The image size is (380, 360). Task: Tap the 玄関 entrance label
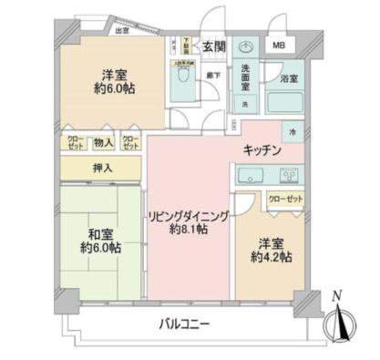tap(213, 46)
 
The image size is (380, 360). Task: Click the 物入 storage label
tap(103, 142)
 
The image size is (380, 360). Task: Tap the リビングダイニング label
tap(189, 216)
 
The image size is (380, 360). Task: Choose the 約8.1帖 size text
tap(189, 231)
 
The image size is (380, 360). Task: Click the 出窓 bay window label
tap(121, 30)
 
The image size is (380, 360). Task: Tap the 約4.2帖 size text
tap(272, 258)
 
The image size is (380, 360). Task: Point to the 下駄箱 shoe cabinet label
tap(186, 42)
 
